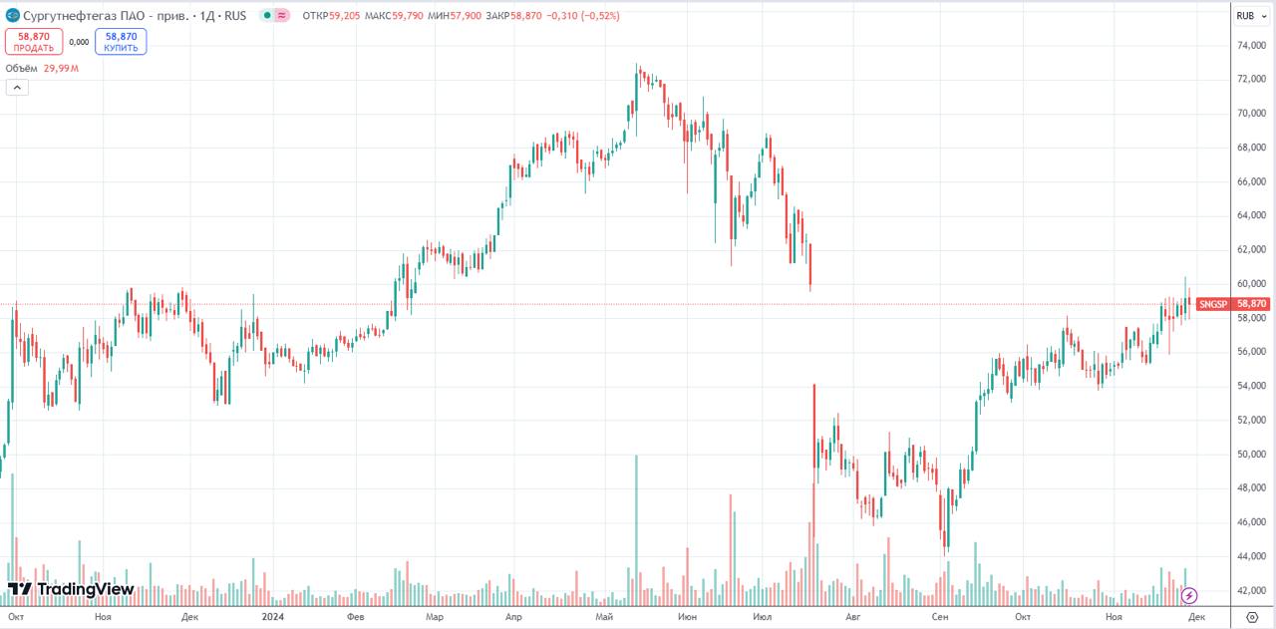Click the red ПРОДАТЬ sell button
point(34,41)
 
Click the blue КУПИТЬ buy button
point(121,41)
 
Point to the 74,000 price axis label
point(1252,46)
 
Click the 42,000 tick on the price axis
point(1252,590)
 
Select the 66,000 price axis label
point(1252,181)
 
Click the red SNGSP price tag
point(1232,304)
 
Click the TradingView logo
point(71,589)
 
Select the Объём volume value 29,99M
point(61,69)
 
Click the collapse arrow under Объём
point(18,88)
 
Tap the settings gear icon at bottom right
point(1252,618)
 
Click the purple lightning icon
point(1189,596)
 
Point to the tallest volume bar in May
point(635,528)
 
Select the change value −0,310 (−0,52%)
point(582,15)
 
